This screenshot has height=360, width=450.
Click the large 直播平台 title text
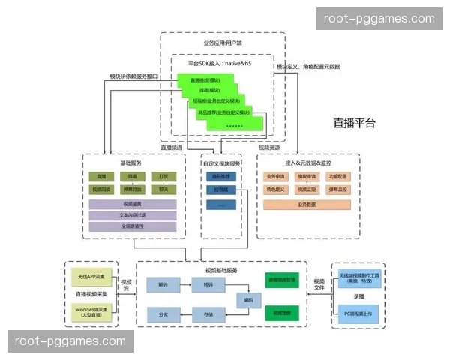coord(354,123)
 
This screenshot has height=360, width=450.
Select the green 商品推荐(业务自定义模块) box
coord(223,113)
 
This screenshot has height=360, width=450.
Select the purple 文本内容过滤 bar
coord(133,214)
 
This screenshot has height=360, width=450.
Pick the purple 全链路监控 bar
coord(133,226)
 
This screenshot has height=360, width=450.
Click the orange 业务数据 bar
coord(307,203)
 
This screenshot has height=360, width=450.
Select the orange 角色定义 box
coord(276,190)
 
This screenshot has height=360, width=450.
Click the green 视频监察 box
coord(281,312)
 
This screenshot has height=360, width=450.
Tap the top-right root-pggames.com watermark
coord(378,19)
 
